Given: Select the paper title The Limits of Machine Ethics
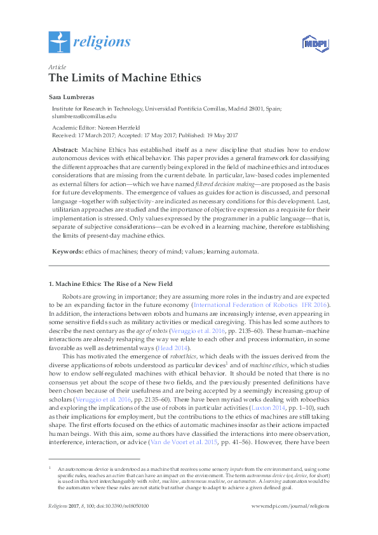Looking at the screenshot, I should (125, 78).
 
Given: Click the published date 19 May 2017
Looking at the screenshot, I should (219, 135).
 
